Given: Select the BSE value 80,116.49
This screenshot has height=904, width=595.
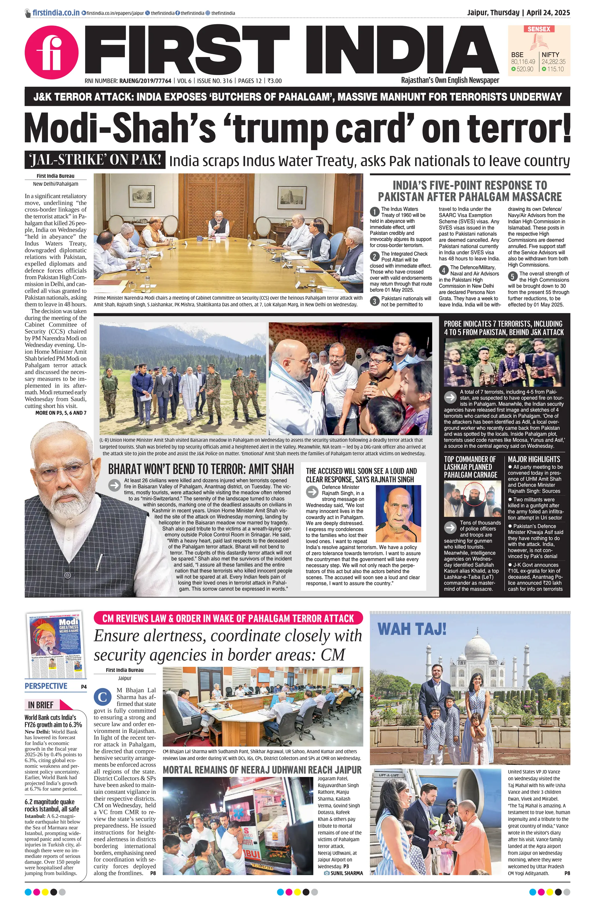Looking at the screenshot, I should coord(523,62).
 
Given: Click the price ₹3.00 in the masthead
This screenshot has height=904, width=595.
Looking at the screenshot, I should coord(274,81).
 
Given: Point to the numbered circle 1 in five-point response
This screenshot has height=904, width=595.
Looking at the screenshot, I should coord(374,212).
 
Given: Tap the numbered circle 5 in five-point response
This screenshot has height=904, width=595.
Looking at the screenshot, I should coord(512,276).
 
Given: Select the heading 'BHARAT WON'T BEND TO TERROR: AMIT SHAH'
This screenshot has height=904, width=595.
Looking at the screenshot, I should coord(201,469).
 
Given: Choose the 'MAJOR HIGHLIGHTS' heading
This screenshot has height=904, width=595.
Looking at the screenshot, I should coord(534,459).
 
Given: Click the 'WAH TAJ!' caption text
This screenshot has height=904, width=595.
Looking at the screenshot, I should coord(412,629).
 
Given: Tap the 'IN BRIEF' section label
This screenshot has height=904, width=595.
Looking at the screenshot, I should coord(41,705).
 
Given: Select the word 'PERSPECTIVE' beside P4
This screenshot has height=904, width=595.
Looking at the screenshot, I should coord(46,686).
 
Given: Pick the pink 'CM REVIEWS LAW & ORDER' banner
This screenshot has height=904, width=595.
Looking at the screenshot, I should coord(228,618).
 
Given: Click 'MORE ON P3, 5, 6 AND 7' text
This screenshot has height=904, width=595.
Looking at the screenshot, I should coord(61,413).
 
